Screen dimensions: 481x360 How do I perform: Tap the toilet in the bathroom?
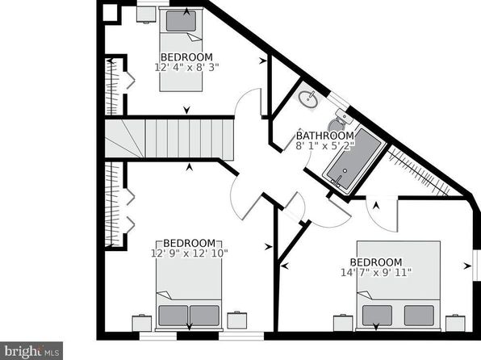point(340,120)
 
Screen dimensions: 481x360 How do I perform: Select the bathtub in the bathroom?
point(354,161)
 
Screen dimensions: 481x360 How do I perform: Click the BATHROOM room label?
point(325,136)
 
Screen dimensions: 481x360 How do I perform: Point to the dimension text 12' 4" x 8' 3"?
point(186,67)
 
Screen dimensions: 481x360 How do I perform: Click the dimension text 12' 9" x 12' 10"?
point(190,253)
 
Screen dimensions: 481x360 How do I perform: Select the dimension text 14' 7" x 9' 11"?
point(376,272)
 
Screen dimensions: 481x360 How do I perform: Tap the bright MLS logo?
point(31,351)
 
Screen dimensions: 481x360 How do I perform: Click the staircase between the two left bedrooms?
point(169,139)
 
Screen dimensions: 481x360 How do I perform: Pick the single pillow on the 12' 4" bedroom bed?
point(181,21)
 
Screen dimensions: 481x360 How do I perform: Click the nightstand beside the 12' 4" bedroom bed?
point(146,14)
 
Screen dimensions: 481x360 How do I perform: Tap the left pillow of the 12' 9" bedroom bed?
point(174,315)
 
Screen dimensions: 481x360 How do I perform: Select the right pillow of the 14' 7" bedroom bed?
point(419,315)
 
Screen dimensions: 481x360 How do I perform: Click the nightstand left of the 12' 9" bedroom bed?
point(142,323)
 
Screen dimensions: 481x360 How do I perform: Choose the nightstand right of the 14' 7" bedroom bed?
point(455,323)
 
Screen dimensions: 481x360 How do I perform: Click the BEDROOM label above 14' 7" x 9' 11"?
point(376,262)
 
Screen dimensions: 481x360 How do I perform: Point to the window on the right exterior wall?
point(476,266)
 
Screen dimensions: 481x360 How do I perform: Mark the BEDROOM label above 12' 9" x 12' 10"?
point(190,243)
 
